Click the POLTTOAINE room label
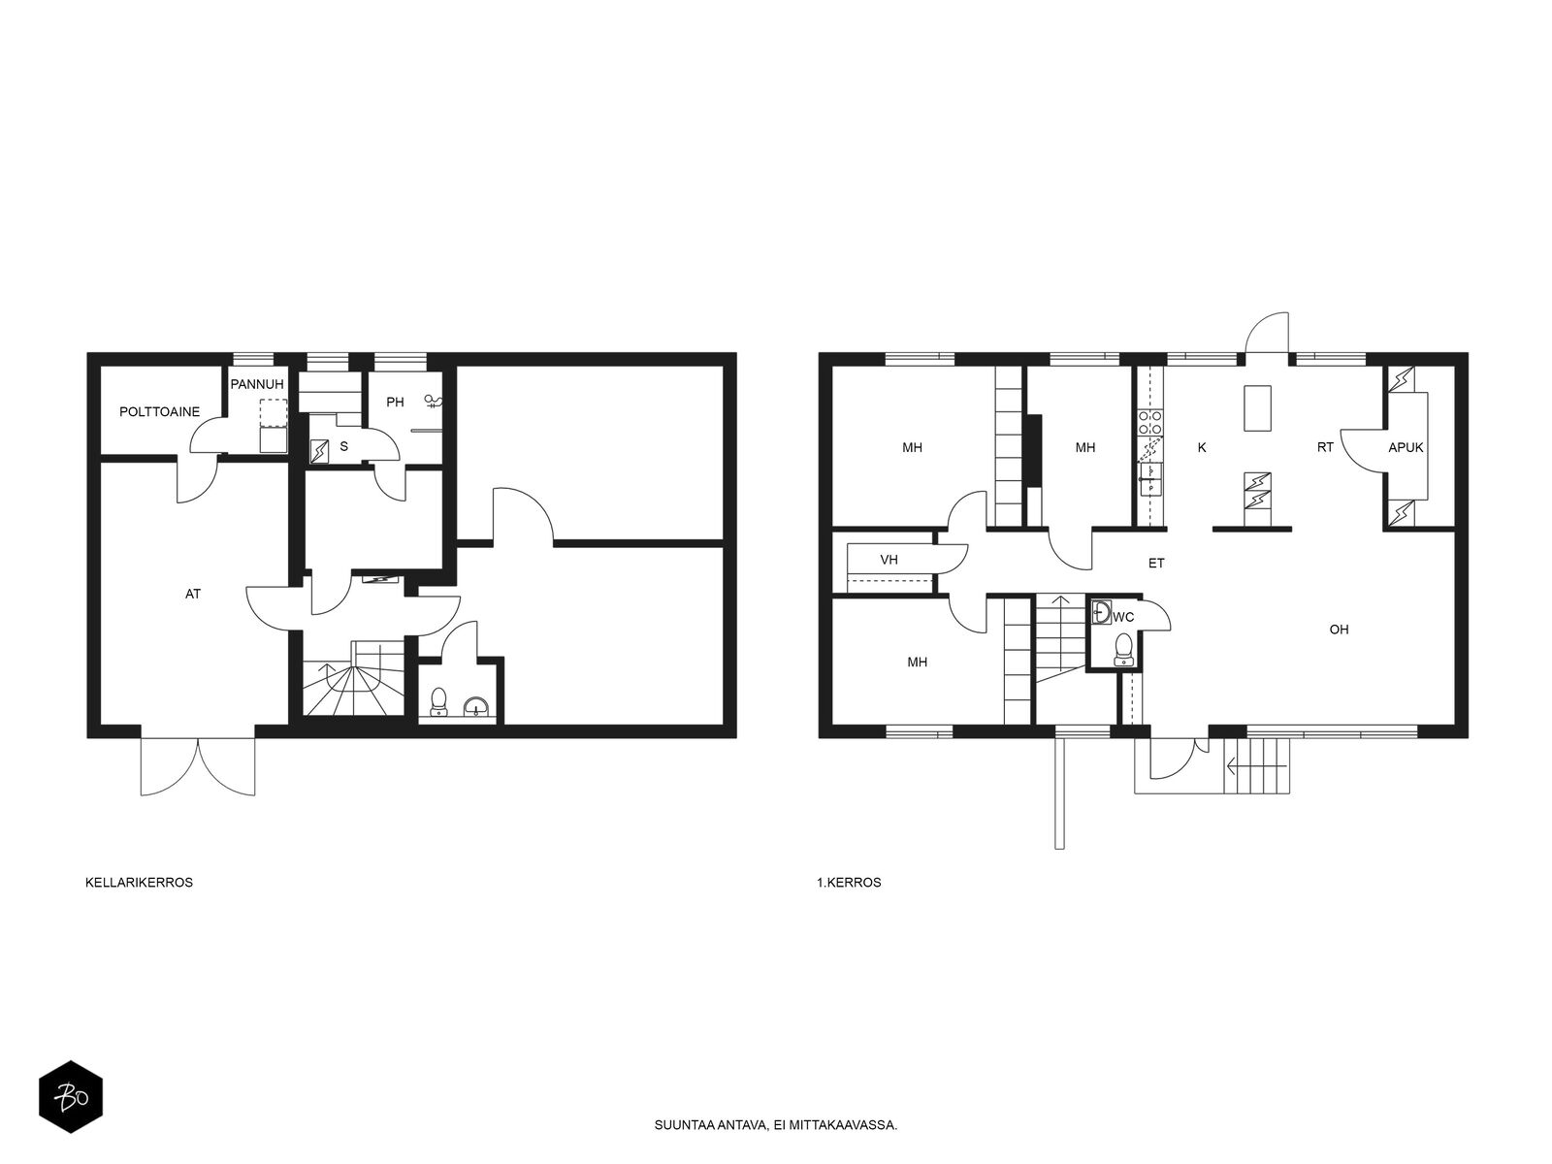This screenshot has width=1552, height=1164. (x=159, y=411)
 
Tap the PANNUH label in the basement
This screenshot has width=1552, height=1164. (x=257, y=384)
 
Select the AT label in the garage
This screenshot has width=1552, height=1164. (x=192, y=594)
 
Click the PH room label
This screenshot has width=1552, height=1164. (x=395, y=403)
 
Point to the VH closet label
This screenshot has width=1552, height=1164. (x=889, y=560)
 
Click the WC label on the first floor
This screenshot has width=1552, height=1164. (x=1123, y=617)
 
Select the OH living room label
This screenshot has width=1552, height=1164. (x=1339, y=629)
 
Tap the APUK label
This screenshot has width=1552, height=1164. (x=1406, y=447)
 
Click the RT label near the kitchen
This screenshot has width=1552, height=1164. (x=1325, y=447)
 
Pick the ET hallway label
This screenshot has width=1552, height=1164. (x=1156, y=564)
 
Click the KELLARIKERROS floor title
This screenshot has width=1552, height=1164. (x=139, y=882)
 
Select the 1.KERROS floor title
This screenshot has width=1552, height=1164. (x=849, y=882)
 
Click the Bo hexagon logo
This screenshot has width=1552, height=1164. (x=71, y=1097)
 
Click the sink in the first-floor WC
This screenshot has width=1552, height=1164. (x=1101, y=611)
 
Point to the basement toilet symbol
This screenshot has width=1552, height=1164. (x=438, y=701)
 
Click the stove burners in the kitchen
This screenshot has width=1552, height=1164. (x=1149, y=422)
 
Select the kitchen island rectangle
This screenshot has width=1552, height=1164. (x=1257, y=407)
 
